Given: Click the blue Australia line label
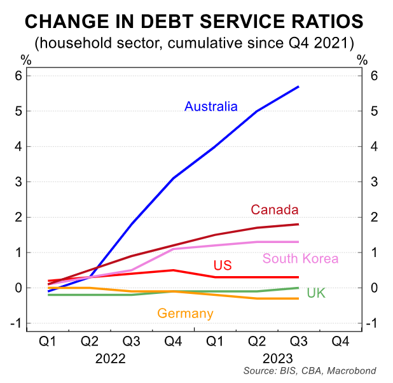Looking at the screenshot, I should (210, 106).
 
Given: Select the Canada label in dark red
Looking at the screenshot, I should (275, 209).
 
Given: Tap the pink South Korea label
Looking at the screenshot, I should (300, 258).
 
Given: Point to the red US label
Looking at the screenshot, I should (222, 265).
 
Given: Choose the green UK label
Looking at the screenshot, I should (316, 293).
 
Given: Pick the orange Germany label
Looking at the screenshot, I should (185, 313).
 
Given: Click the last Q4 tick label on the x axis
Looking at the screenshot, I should (340, 340).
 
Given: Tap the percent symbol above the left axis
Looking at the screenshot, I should (26, 60).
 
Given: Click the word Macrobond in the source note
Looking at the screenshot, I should (354, 371).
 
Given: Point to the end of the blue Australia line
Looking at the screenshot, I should (299, 87).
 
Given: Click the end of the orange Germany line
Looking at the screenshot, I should (299, 298).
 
